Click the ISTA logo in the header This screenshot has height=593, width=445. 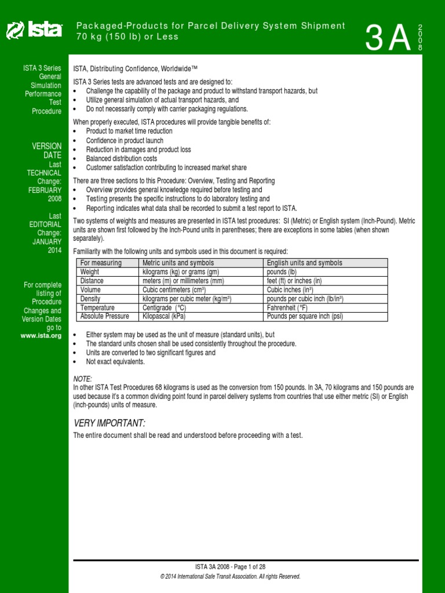(x=34, y=31)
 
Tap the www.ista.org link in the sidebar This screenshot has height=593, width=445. (x=41, y=335)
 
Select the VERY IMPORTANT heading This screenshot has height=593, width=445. (x=109, y=423)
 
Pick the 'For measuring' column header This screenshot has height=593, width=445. (x=101, y=263)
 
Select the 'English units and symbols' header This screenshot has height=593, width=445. (x=304, y=263)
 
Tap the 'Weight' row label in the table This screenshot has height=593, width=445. (x=90, y=272)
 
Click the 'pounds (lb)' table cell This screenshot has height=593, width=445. (x=282, y=272)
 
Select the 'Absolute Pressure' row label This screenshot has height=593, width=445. (x=105, y=316)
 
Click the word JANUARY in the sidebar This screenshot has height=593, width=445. (x=46, y=241)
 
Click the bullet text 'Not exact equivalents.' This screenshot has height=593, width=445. (x=115, y=361)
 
